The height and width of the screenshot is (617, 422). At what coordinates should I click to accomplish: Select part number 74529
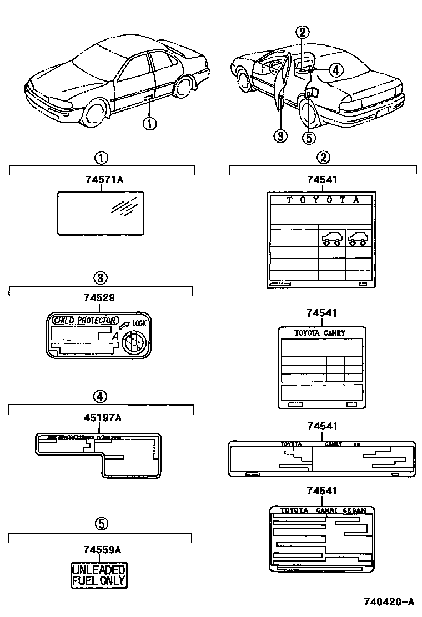pos(99,297)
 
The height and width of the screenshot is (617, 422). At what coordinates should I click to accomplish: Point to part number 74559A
pos(102,550)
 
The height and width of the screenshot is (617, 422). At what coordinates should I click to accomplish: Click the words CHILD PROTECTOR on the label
pos(84,321)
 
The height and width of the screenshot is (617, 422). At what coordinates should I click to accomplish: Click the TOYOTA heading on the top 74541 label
pos(323,200)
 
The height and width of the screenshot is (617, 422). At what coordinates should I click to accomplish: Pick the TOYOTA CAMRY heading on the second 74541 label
pos(320,333)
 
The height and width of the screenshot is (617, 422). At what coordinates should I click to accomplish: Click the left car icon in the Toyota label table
pos(331,238)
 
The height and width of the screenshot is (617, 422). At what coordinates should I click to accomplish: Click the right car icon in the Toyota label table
pos(358,238)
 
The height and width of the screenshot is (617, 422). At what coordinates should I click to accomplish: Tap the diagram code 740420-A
pos(389,601)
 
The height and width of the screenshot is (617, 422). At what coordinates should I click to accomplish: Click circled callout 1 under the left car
pos(150,123)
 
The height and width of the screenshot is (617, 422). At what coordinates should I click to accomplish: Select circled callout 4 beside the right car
pos(336,69)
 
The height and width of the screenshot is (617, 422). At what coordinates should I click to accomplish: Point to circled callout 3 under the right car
pos(281,135)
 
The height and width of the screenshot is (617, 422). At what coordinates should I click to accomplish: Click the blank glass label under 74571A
pos(102,213)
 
